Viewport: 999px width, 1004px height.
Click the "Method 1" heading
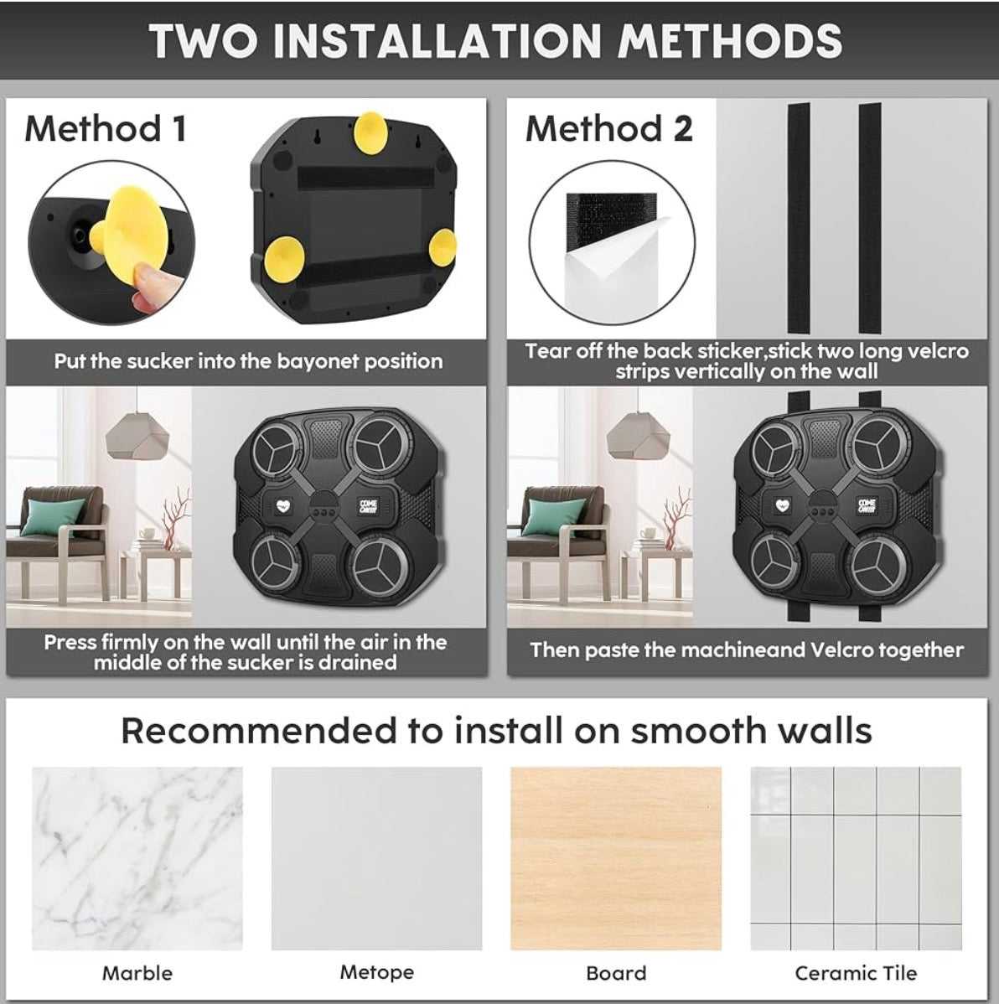point(106,129)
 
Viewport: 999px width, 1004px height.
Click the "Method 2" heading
point(609,129)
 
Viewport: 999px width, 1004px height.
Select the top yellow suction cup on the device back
point(370,132)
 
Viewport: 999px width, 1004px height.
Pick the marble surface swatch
point(137,858)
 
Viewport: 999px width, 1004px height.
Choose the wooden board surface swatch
point(615,858)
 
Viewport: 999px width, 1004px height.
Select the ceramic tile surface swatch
point(856,858)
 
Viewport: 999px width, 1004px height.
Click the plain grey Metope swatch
point(376,858)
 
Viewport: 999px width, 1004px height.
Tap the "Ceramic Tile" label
point(856,973)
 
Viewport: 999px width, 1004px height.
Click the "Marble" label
point(137,973)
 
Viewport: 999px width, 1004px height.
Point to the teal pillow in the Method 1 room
point(54,516)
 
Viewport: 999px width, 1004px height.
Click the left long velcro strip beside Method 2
point(799,218)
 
